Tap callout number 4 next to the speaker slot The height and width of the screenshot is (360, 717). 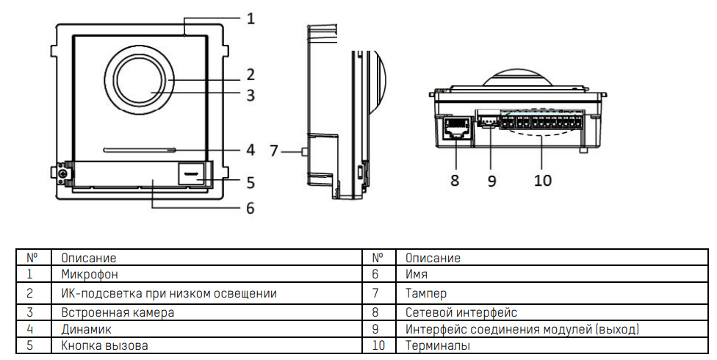point(251,150)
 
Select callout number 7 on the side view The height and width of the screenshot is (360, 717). point(274,151)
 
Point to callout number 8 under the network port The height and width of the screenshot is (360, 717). point(455,179)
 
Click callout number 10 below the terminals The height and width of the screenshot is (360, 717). point(543,179)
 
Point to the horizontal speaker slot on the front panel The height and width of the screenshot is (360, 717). point(140,148)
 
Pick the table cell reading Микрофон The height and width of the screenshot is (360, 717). point(90,274)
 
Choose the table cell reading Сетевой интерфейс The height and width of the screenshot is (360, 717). point(461,312)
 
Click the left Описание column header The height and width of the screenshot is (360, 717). point(89,258)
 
